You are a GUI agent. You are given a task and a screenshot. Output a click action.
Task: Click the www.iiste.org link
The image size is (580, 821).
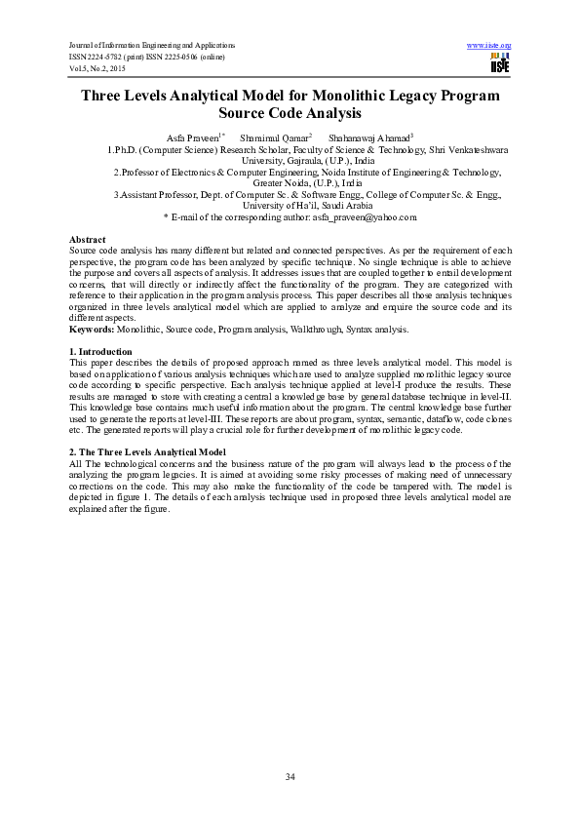coord(489,46)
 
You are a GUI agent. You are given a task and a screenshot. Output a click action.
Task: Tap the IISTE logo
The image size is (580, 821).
coord(499,64)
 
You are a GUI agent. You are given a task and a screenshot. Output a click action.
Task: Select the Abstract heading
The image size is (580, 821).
coord(88,240)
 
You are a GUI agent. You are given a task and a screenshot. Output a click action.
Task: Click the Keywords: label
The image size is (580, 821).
coord(93,330)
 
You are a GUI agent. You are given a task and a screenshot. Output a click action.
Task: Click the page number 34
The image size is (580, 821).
coord(290,775)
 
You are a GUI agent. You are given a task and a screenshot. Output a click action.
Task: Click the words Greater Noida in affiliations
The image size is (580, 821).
coord(283,182)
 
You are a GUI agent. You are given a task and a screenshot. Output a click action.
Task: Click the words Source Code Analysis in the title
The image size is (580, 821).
coord(290,114)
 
